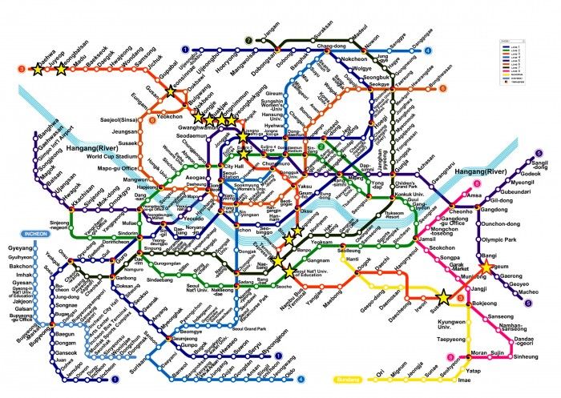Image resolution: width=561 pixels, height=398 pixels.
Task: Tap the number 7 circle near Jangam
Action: tap(249, 39)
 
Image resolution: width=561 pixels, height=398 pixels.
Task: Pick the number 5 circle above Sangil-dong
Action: tap(534, 152)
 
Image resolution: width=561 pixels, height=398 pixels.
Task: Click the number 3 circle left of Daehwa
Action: tap(20, 70)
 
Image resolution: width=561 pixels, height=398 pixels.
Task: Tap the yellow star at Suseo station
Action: tap(444, 295)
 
